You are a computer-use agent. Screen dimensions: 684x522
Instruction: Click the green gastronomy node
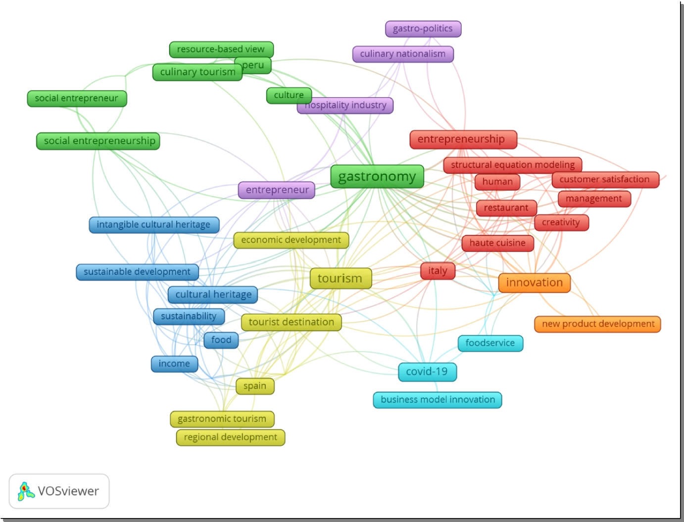pos(377,177)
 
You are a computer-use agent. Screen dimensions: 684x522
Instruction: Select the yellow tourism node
pos(341,278)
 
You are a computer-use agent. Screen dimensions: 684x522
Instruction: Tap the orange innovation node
pos(534,283)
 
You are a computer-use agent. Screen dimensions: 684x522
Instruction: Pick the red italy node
pos(438,271)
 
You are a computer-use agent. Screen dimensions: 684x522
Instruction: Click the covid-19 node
pos(427,372)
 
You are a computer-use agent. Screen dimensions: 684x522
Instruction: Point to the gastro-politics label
pos(423,29)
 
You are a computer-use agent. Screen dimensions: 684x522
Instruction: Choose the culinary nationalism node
pos(403,54)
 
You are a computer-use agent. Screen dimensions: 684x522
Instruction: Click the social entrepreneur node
pos(77,99)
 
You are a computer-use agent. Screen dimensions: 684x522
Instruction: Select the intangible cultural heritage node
pos(154,225)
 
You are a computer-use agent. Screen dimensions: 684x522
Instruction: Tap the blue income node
pos(174,364)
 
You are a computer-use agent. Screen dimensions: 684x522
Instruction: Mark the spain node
pos(255,386)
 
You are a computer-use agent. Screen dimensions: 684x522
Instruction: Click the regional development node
pos(231,437)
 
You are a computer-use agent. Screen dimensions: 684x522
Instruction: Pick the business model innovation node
pos(438,400)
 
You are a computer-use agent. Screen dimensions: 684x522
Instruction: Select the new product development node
pos(597,324)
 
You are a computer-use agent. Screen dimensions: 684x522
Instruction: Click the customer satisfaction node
pos(605,179)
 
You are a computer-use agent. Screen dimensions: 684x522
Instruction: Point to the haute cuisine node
pos(497,243)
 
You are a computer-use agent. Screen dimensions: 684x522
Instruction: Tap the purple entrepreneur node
pos(277,190)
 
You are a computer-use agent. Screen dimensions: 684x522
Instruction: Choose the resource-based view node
pos(221,50)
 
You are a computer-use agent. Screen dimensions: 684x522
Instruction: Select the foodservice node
pos(490,343)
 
